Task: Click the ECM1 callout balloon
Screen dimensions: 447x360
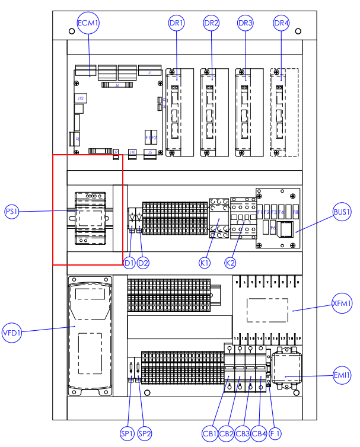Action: (88, 24)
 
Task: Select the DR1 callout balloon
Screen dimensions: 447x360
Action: (177, 24)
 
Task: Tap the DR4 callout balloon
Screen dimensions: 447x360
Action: (281, 24)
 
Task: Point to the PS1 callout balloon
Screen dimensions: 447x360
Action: (12, 212)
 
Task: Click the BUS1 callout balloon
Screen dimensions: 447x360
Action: (342, 212)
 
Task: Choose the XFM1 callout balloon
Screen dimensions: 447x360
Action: (342, 304)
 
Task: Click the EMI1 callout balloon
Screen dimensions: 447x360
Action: (342, 376)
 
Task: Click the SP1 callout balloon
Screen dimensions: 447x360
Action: (128, 434)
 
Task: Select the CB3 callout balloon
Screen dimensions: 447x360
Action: (242, 434)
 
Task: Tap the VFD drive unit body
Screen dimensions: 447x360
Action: (89, 335)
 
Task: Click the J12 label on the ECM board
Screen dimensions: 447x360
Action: (80, 97)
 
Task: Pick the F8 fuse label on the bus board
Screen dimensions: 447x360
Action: (295, 212)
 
